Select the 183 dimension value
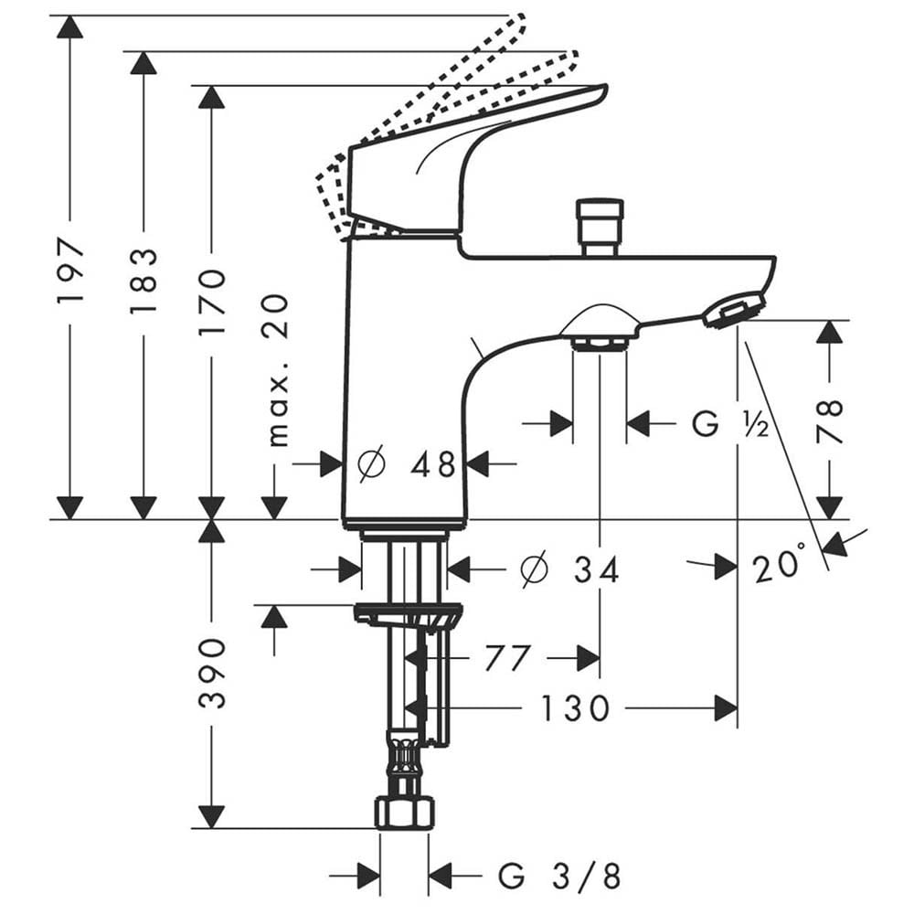(143, 281)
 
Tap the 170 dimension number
(211, 302)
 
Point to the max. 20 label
(278, 370)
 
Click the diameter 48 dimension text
(407, 464)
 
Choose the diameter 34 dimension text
(569, 569)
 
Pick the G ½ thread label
(729, 424)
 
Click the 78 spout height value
(830, 420)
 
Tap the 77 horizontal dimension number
(506, 658)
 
